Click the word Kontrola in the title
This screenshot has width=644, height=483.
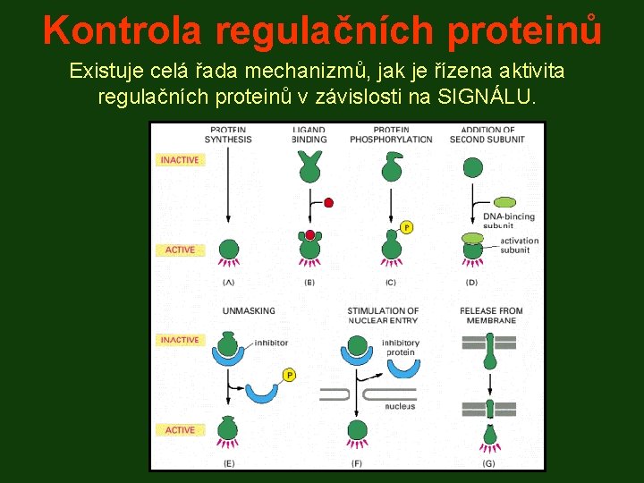tap(123, 30)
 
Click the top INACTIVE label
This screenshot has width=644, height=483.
tap(180, 160)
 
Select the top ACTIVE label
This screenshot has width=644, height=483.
tap(180, 250)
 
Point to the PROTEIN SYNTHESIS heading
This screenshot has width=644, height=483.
tap(228, 134)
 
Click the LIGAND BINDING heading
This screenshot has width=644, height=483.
tap(309, 134)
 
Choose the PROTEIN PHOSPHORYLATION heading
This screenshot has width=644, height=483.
tap(391, 134)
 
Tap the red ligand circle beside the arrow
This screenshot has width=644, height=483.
tap(328, 203)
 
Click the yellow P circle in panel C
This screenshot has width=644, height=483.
tap(407, 227)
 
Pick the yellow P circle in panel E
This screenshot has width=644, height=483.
tap(289, 375)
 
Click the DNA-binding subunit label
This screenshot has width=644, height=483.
tap(508, 220)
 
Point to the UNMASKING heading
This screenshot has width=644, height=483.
tap(249, 311)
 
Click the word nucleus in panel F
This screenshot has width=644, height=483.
tap(400, 406)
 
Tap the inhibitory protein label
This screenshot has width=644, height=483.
tap(400, 347)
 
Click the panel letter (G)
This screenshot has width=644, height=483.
tap(488, 463)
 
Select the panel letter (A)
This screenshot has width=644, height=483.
tap(228, 283)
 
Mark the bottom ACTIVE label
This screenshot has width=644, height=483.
tap(180, 430)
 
